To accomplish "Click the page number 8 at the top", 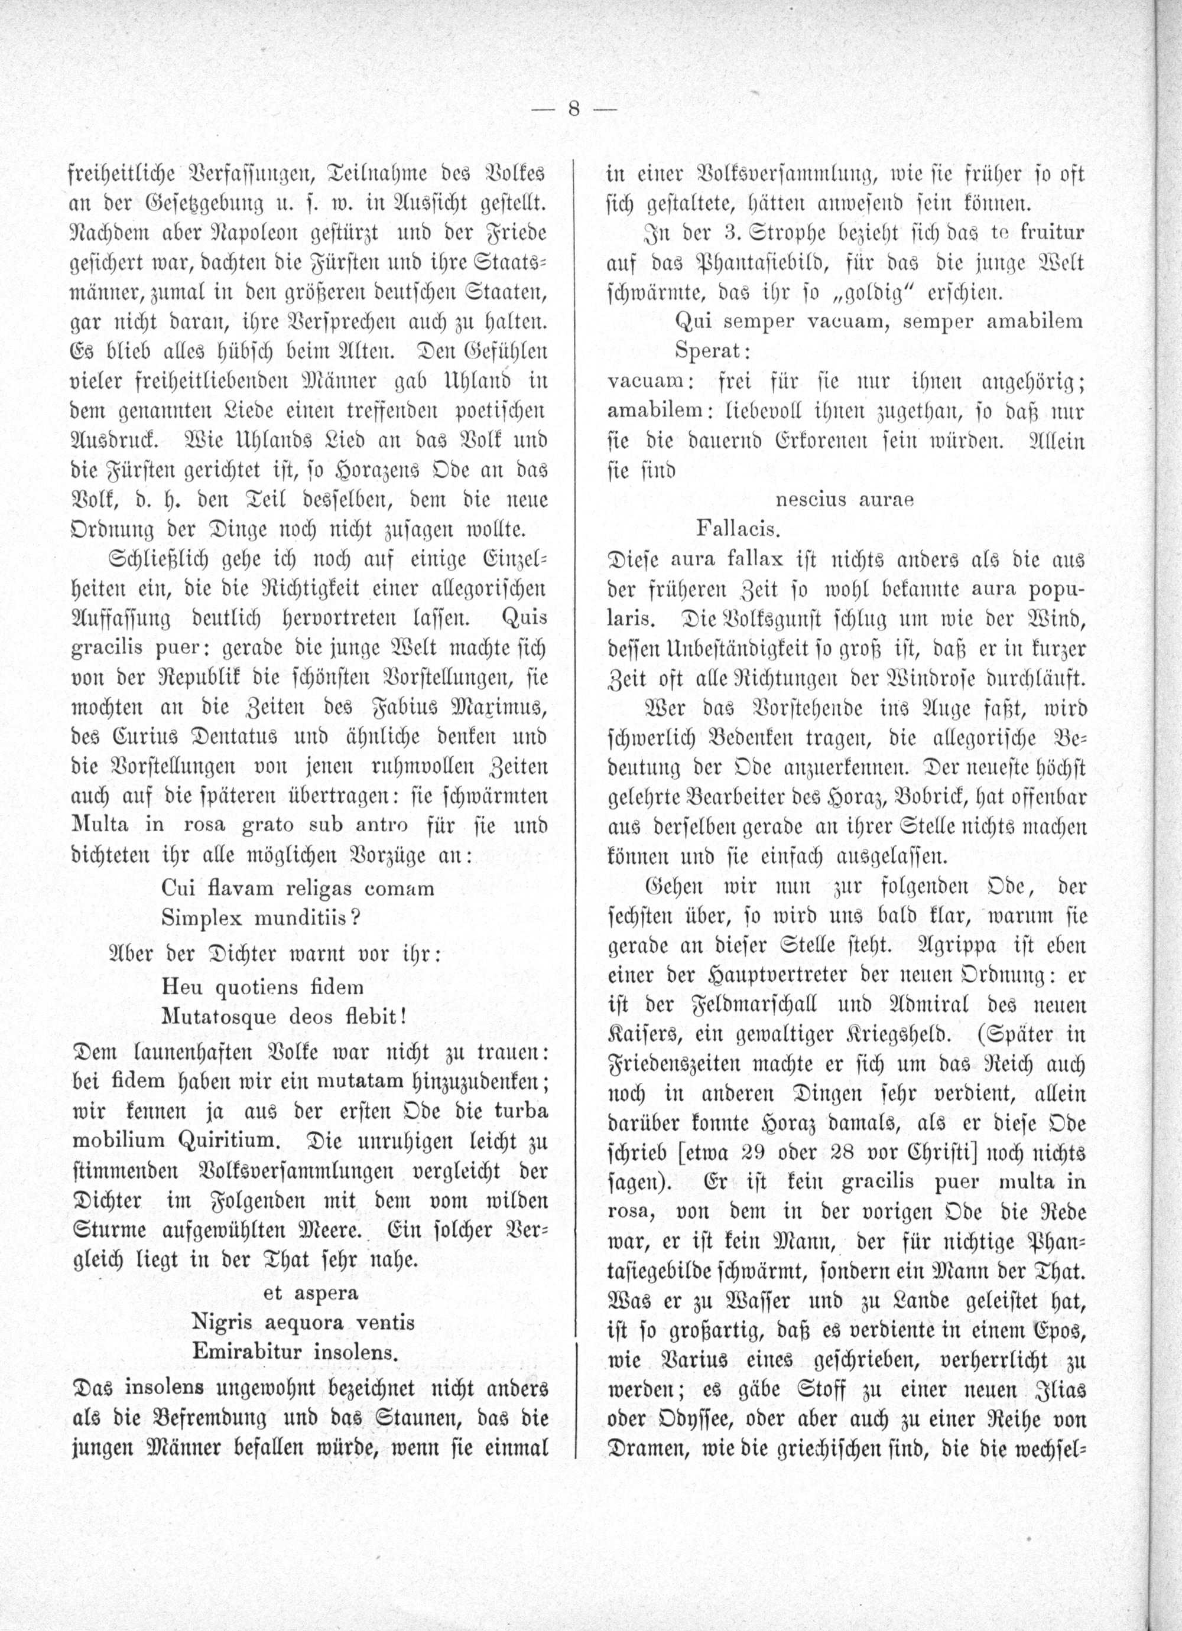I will click(573, 110).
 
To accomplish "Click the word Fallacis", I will click(738, 530).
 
